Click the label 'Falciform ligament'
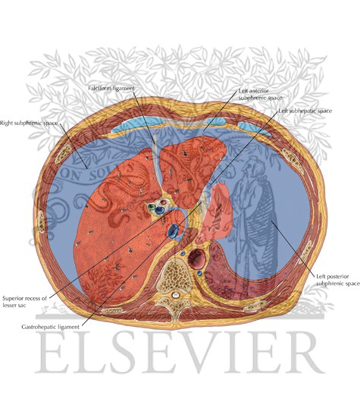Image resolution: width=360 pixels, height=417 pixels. coord(111,88)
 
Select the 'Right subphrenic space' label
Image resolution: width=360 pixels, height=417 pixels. coord(29,123)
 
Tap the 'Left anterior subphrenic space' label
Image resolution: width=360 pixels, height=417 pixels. coord(260,95)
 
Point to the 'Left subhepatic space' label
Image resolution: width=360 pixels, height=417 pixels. coord(305,111)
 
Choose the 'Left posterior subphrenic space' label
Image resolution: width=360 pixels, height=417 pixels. coord(338,280)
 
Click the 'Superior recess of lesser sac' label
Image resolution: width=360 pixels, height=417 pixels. coord(25,302)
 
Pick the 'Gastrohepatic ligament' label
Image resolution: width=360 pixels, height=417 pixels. coord(50,327)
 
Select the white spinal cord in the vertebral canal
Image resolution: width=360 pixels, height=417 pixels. coord(174,295)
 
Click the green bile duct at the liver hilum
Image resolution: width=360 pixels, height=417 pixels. coord(152,207)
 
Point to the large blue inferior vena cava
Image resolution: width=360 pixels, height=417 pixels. coord(173,230)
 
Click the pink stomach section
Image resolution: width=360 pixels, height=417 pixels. coord(216,213)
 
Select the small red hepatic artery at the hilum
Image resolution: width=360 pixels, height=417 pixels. coord(163,202)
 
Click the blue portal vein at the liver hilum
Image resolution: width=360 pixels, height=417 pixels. coord(159,210)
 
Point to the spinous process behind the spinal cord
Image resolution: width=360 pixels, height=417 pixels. coord(174,310)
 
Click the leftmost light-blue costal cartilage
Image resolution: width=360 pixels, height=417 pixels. coord(138,124)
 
